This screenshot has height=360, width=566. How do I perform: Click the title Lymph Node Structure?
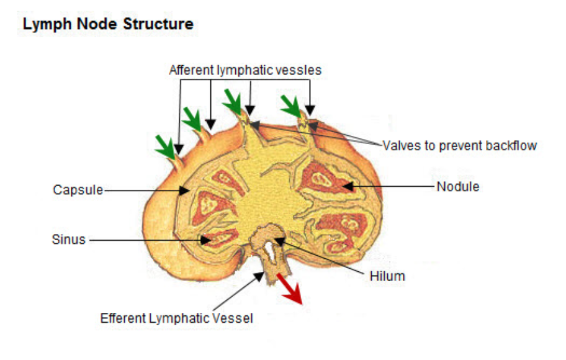click(x=108, y=25)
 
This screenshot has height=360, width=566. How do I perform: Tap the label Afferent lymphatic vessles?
click(x=245, y=70)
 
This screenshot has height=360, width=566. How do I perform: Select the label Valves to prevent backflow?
click(x=459, y=146)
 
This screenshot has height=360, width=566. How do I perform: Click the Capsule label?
click(x=78, y=190)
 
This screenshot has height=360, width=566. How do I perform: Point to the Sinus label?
click(x=68, y=239)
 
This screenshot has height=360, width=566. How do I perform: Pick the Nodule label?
click(x=458, y=186)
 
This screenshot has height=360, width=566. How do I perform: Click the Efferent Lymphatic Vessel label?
click(x=177, y=319)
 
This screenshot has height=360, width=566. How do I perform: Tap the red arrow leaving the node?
click(x=290, y=289)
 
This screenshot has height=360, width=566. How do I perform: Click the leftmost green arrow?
click(x=165, y=146)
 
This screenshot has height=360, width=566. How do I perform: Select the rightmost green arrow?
click(x=290, y=105)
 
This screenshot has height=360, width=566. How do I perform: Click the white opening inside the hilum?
click(x=268, y=251)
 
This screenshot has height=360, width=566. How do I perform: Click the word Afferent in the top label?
click(x=192, y=70)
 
